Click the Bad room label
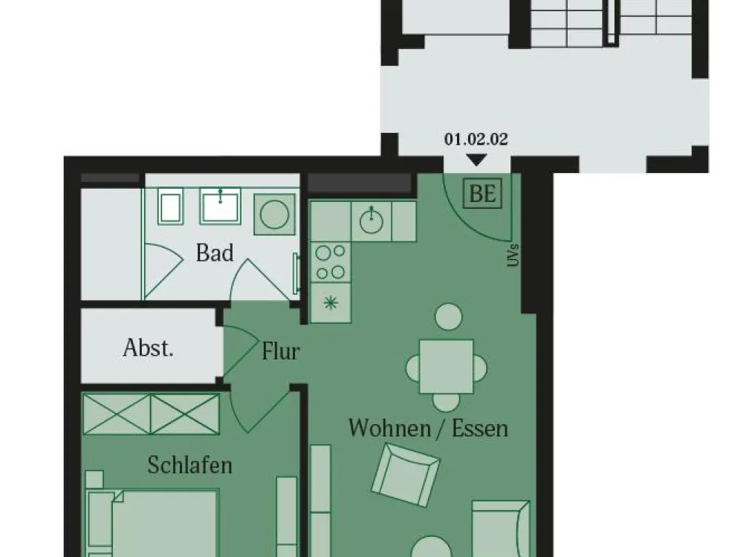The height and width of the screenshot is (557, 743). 215,253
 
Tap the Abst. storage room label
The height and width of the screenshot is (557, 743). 149,348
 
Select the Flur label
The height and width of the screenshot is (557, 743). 281,351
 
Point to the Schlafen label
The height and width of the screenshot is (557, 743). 189,465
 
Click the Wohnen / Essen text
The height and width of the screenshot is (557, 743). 429,428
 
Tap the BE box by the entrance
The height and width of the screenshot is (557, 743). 482,193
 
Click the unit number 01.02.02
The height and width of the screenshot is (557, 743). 476,139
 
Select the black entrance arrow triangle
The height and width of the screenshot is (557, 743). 476,160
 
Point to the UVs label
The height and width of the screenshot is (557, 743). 513,255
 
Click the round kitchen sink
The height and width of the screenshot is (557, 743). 371,221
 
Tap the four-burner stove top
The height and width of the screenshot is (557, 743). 331,262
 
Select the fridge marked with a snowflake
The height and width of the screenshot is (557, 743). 331,303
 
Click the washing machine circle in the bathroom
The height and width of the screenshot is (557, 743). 274,214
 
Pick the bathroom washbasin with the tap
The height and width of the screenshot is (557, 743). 221,206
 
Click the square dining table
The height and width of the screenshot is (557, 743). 447,366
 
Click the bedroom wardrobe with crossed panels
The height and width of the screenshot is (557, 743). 151,414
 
